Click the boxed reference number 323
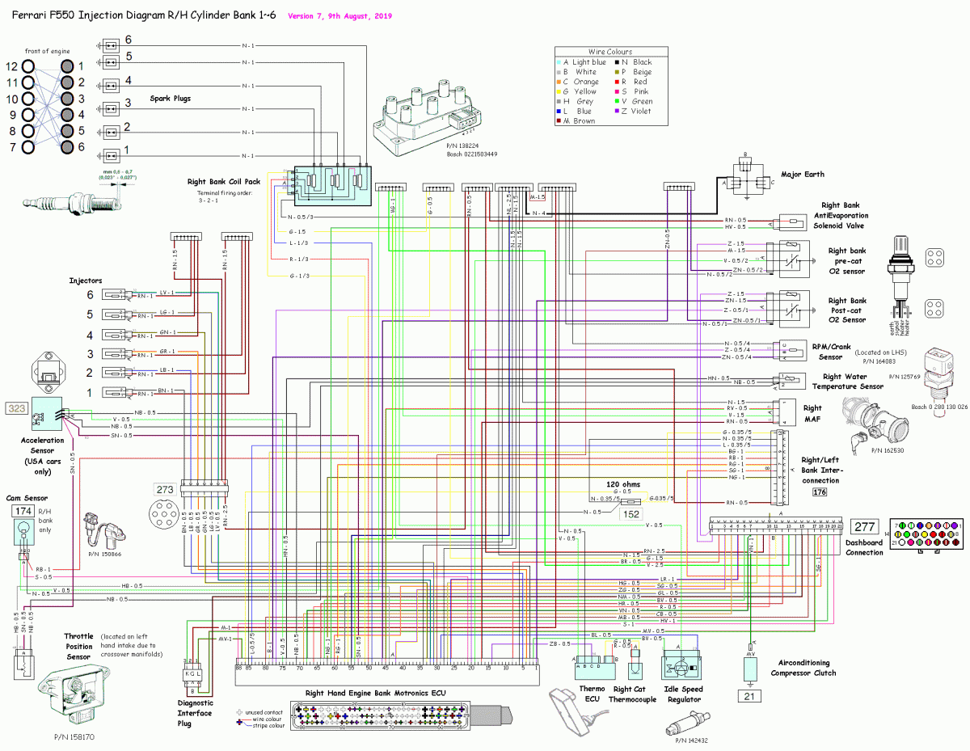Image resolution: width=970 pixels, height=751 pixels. pyautogui.click(x=17, y=409)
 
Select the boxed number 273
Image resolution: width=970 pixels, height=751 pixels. pyautogui.click(x=165, y=489)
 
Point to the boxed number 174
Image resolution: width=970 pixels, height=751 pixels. pyautogui.click(x=21, y=511)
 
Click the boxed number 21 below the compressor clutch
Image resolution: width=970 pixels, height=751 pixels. pyautogui.click(x=749, y=696)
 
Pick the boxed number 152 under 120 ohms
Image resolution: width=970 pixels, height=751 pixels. pyautogui.click(x=631, y=513)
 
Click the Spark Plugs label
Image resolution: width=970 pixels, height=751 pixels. pyautogui.click(x=171, y=99)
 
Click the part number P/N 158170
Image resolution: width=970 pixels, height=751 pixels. pyautogui.click(x=74, y=737)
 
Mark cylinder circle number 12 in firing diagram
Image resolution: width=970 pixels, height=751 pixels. pyautogui.click(x=28, y=66)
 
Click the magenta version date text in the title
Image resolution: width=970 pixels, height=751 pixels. pyautogui.click(x=339, y=15)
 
